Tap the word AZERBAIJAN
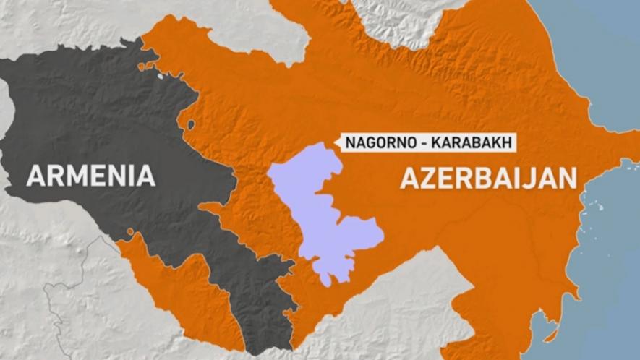pyautogui.click(x=489, y=177)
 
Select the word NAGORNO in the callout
pyautogui.click(x=379, y=142)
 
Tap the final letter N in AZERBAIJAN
pyautogui.click(x=565, y=177)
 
